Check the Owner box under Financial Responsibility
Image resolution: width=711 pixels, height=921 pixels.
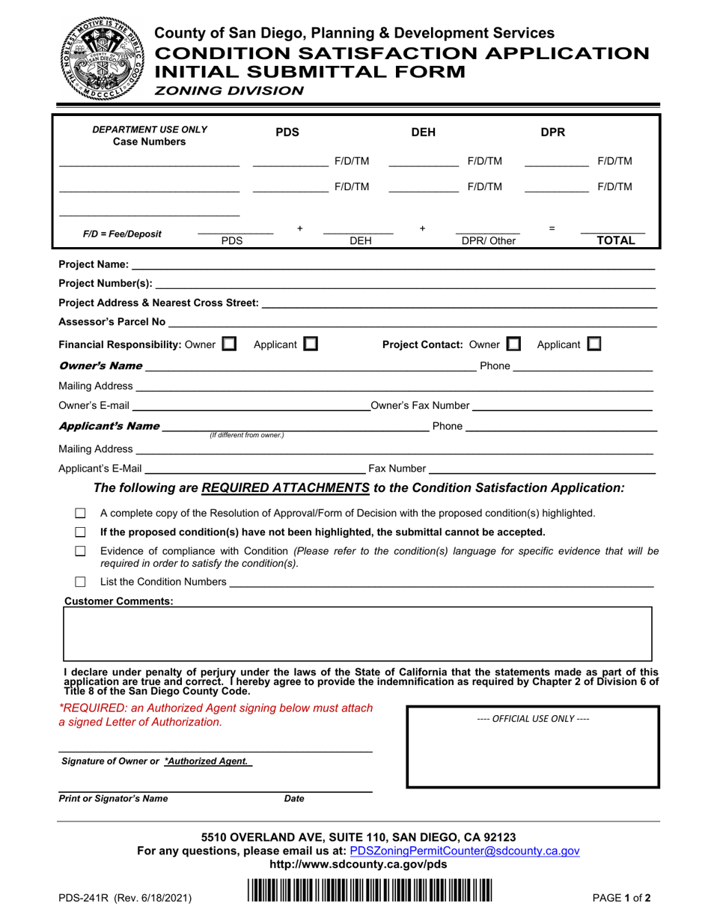click(x=229, y=344)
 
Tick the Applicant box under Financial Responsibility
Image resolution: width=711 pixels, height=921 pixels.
click(x=310, y=344)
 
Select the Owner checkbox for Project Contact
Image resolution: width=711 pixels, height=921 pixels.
click(x=513, y=344)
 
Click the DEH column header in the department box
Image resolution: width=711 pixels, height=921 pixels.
click(x=424, y=133)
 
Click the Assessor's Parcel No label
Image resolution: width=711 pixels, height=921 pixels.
click(x=112, y=322)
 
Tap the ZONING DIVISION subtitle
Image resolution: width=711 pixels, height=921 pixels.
click(x=229, y=91)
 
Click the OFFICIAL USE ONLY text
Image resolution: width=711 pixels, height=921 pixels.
click(x=533, y=718)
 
